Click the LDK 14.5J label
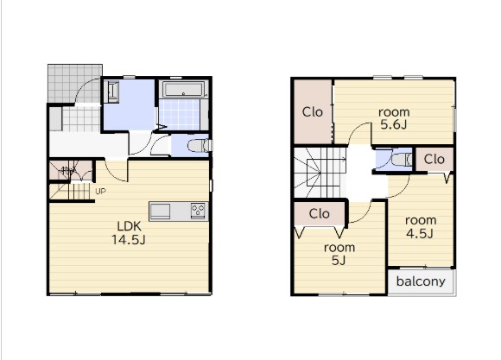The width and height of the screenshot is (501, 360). pos(129,233)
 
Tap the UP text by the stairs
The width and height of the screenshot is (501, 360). pos(100,192)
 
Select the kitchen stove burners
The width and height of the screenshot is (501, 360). pos(198,211)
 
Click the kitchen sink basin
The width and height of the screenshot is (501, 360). pos(160,212)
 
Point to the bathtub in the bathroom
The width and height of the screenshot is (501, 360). pos(183,89)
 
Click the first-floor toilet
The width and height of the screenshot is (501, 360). pos(200,146)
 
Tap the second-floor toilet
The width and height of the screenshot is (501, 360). pos(402,159)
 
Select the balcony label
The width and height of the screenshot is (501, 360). pos(421,281)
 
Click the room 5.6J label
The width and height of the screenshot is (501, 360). pos(394,118)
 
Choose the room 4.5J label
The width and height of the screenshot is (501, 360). pos(421,227)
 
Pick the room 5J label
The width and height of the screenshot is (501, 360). pos(339,254)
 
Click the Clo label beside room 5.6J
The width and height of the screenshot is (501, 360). pos(312,112)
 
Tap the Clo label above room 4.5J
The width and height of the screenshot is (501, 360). pos(434,159)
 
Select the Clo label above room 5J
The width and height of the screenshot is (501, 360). pos(320,214)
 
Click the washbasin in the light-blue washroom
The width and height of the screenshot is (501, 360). pos(113,92)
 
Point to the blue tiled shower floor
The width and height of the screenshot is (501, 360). pos(180,115)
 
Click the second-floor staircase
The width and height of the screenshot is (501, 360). pos(320,173)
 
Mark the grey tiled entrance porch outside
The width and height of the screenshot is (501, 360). pos(74,83)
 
